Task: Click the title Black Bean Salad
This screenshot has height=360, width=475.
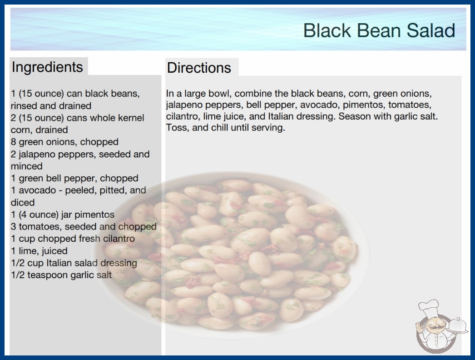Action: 379,30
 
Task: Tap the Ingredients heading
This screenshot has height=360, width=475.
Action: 47,67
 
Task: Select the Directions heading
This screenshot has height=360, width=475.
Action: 199,68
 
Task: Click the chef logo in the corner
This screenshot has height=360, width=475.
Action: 441,326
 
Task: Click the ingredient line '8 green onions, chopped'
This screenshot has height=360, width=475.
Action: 64,142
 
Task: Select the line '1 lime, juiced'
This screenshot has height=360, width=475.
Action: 39,251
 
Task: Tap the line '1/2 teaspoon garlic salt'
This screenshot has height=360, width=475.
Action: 61,275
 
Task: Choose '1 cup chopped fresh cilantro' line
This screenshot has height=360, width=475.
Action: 73,239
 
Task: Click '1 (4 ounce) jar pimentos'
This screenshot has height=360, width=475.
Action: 63,215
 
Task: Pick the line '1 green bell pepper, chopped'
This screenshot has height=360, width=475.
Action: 74,178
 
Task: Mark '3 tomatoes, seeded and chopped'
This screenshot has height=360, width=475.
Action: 84,226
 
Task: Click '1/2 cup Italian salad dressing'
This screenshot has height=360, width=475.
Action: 74,263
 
